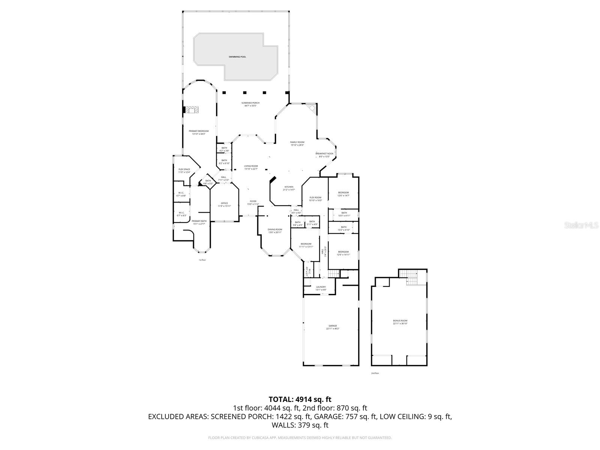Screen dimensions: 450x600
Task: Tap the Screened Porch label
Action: [x=250, y=104]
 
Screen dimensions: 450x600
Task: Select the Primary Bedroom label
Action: [x=198, y=132]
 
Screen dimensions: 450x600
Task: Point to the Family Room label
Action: [x=297, y=144]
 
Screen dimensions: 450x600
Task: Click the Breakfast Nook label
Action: [x=324, y=155]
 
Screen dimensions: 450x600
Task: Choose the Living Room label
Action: [x=251, y=167]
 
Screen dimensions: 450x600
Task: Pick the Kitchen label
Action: [x=289, y=188]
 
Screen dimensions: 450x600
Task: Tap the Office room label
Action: [x=224, y=204]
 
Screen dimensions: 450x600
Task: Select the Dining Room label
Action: [x=275, y=231]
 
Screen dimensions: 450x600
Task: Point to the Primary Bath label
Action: [x=199, y=222]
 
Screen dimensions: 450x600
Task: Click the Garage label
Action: [x=333, y=327]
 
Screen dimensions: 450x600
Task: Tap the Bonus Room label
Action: [x=400, y=322]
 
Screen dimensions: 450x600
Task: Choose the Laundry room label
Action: [x=321, y=288]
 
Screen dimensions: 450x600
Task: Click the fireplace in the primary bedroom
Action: [x=192, y=110]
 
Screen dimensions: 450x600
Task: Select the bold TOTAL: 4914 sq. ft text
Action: [x=300, y=399]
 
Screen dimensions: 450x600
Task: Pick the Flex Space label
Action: [x=184, y=171]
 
